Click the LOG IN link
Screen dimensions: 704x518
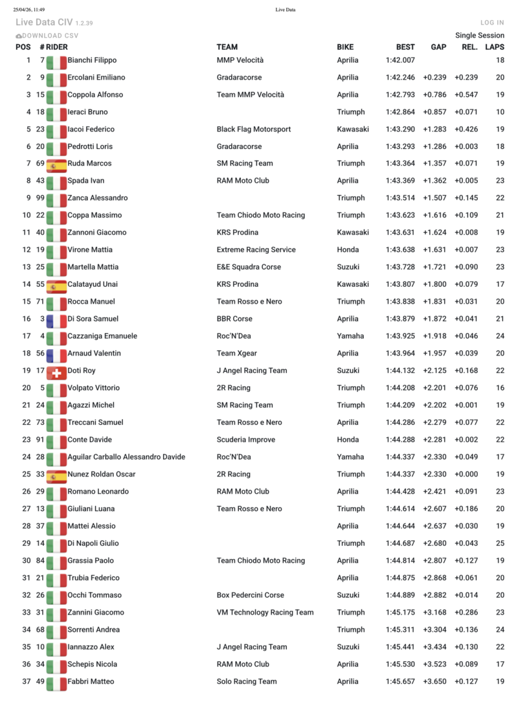click(492, 23)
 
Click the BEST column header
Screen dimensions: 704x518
click(405, 47)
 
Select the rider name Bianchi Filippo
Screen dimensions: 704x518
click(92, 60)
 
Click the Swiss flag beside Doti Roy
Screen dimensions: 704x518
click(57, 370)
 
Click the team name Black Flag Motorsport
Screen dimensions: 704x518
click(254, 129)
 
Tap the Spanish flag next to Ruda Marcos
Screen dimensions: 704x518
click(57, 163)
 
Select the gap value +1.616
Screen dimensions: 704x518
click(434, 215)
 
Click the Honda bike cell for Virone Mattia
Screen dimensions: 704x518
click(348, 249)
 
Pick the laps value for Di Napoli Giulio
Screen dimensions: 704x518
click(499, 543)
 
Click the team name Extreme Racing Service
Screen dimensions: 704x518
click(256, 249)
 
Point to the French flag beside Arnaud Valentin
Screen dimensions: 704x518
click(57, 354)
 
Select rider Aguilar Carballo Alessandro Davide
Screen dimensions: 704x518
click(126, 457)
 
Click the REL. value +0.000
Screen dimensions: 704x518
click(466, 474)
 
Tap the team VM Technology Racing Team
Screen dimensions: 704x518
click(265, 612)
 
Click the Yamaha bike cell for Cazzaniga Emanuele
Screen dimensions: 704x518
click(350, 336)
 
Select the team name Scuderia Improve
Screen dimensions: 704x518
click(245, 440)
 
